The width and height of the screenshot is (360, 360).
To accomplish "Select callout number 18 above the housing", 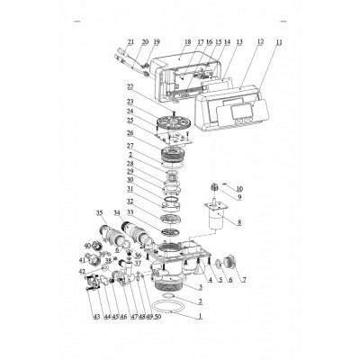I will [x=187, y=42].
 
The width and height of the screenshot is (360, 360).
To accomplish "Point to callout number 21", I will [x=130, y=42].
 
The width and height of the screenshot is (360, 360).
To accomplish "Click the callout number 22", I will [x=130, y=86].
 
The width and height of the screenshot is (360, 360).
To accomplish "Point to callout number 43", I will [x=96, y=316].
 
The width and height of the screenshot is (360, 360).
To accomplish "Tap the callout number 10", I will [x=238, y=188].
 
